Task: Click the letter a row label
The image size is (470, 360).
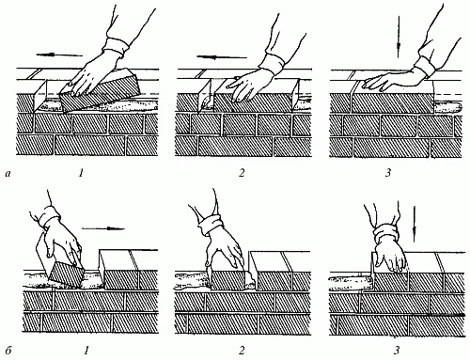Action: (x=8, y=173)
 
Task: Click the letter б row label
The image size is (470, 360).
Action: (x=8, y=350)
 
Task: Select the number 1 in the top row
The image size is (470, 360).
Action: (x=81, y=173)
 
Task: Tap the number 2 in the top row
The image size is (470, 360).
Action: (x=242, y=173)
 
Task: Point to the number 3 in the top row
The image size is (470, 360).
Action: (x=388, y=173)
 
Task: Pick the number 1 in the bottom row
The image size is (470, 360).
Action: (x=86, y=350)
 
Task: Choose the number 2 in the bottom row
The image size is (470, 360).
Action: (x=242, y=350)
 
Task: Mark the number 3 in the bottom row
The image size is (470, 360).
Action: (x=397, y=350)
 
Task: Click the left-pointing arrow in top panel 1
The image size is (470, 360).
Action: (x=59, y=55)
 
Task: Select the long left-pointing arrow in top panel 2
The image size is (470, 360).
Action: (x=222, y=57)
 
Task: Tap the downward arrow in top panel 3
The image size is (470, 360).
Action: (x=399, y=37)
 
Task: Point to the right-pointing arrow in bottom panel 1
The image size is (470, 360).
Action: (x=103, y=228)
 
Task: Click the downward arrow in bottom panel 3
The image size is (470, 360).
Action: (x=415, y=224)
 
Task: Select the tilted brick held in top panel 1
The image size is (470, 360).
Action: (x=101, y=91)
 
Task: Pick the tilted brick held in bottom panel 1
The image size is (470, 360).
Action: (x=65, y=274)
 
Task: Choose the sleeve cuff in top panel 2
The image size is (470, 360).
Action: (x=274, y=63)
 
